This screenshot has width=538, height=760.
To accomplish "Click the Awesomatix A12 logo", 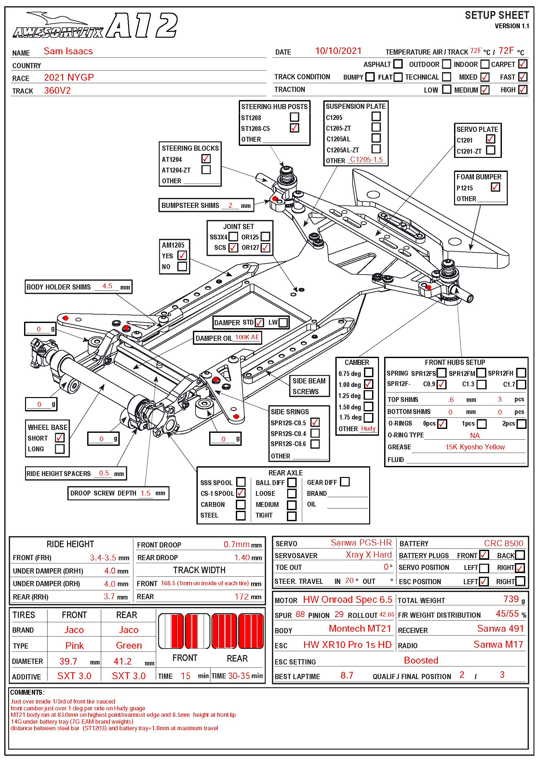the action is coord(95,25).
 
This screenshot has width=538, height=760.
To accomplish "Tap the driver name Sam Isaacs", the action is coord(68,51).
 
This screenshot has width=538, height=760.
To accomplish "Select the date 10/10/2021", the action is coord(338,51).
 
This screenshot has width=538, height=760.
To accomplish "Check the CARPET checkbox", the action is coord(523,64).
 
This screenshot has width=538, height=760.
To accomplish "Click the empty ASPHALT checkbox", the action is coord(398,64).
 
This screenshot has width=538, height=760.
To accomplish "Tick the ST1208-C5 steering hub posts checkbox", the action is coord(294,128).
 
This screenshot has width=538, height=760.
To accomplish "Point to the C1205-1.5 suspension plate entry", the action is coord(366,160).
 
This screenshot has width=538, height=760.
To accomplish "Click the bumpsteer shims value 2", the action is coord(230,205).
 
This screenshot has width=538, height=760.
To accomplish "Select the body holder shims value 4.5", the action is coord(107,286).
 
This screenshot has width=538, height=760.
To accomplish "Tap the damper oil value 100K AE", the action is coord(247,337).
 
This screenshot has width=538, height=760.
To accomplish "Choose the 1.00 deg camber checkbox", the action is coord(369,384).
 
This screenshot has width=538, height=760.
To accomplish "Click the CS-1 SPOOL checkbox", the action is coord(241,493).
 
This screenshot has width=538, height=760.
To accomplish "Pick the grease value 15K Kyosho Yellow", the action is coord(475,447).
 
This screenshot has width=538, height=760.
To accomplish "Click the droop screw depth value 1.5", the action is coord(145,493).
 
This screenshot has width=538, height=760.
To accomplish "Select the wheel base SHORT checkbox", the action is coord(60,438).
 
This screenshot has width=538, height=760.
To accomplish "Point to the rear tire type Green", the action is coord(129,645).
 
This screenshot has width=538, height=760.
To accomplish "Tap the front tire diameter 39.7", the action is coord(68,661).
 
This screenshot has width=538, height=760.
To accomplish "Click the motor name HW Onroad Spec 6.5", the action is coord(347,599).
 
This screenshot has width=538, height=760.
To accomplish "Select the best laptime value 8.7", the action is coord(347,675).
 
